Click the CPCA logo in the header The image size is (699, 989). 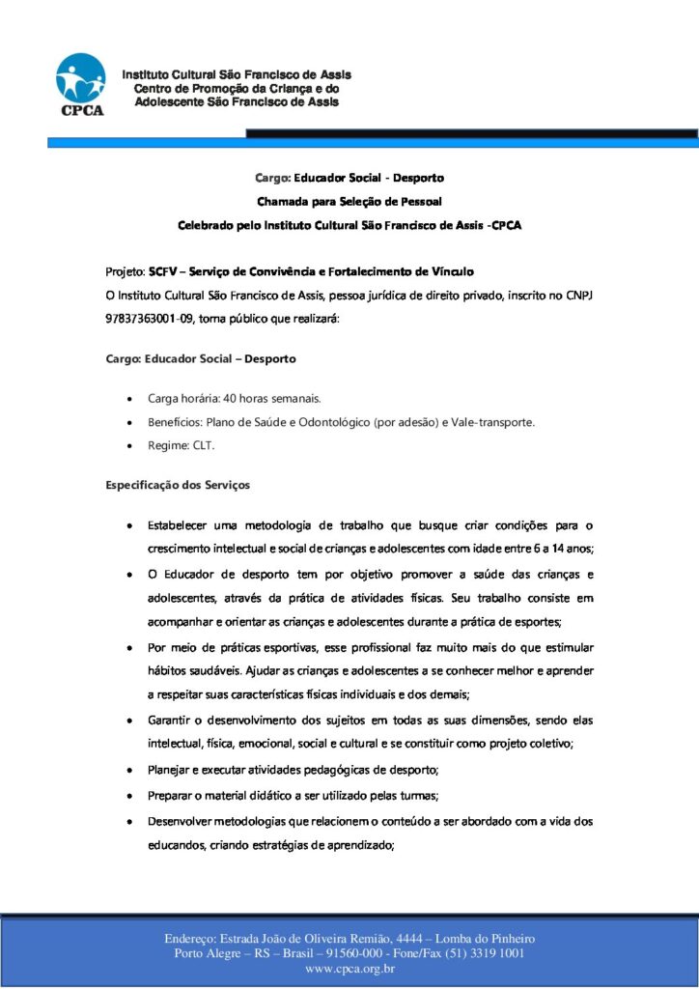[x=80, y=85]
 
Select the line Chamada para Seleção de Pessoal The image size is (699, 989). [x=349, y=201]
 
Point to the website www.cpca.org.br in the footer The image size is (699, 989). [x=349, y=969]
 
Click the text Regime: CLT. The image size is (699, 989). [x=182, y=446]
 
